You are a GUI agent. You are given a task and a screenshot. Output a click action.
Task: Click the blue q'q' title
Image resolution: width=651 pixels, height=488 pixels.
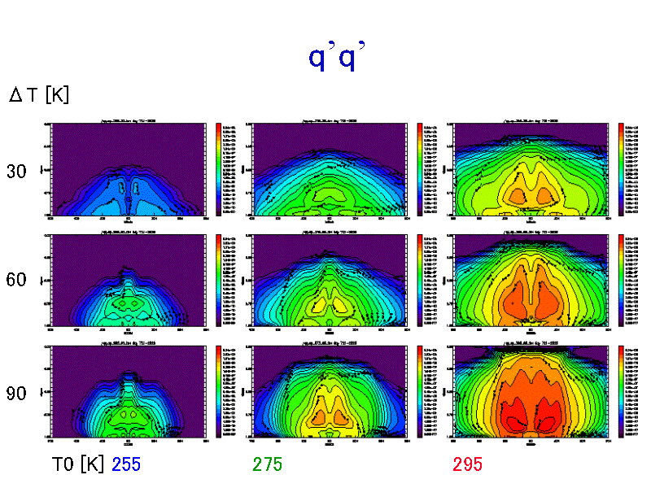(338, 58)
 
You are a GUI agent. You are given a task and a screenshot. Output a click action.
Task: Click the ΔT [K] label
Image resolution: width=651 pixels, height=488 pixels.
(39, 95)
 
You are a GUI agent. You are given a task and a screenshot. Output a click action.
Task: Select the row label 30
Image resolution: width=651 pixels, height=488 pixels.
(16, 172)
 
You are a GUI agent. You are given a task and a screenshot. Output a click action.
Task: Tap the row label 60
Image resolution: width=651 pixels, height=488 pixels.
(16, 281)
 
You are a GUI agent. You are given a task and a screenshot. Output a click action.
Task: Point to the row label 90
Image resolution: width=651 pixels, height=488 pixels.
(16, 394)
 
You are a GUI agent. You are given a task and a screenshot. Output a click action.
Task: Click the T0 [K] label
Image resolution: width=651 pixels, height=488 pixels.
(77, 464)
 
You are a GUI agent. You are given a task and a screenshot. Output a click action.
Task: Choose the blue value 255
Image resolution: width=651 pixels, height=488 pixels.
(127, 464)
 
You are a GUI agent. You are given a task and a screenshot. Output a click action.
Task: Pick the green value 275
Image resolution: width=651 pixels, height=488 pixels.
(268, 464)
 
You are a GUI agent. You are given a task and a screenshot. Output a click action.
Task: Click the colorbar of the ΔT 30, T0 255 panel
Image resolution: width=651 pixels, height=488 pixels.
(219, 169)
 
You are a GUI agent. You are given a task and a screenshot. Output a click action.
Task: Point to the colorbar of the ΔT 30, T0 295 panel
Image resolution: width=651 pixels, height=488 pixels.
(622, 169)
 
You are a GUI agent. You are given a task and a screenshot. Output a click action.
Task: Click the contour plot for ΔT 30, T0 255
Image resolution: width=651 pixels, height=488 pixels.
(128, 169)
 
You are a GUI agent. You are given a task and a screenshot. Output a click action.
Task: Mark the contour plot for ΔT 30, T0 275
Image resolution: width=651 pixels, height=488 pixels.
(330, 169)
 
